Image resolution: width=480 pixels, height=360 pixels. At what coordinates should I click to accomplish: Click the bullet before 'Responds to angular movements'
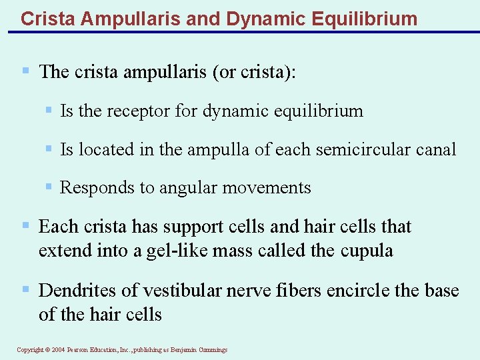coord(48,187)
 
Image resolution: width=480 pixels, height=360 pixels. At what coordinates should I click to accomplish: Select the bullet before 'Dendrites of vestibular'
coord(26,289)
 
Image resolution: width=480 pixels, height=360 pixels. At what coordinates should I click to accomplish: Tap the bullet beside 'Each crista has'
coord(26,226)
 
